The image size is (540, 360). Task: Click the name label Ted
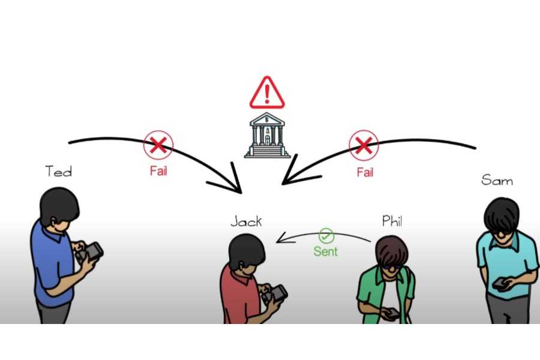coord(58,172)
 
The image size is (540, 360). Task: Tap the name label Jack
coord(246,221)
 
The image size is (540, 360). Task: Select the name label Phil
coord(392,221)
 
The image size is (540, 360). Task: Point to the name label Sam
coord(497,179)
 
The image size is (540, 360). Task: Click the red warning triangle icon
coord(267,92)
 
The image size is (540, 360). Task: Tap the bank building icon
coord(267,136)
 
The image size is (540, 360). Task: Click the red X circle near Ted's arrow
coord(158,145)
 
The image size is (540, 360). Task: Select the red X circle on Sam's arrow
coord(364,145)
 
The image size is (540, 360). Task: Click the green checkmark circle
coord(326,236)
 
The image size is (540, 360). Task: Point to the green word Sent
coord(325,252)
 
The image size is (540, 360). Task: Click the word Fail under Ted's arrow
coord(158,172)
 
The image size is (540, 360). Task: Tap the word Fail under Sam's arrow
coord(365,173)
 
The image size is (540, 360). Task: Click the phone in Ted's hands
coord(92,251)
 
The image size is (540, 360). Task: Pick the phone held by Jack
coord(277,293)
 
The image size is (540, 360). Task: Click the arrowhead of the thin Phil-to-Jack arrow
coord(279,241)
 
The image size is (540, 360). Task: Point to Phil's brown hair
coord(392,250)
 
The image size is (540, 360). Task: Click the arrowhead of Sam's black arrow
coord(288,178)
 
